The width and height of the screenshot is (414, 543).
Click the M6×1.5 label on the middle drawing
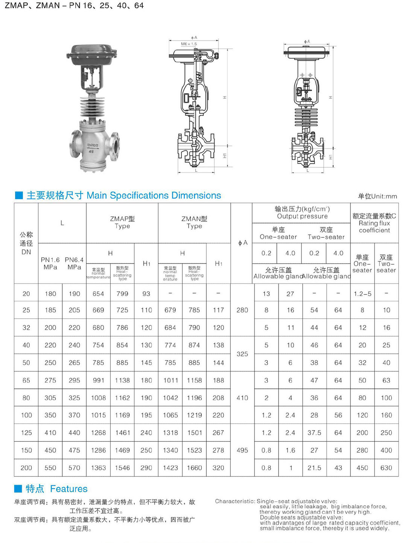point(189,44)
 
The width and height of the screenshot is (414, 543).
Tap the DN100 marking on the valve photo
point(93,145)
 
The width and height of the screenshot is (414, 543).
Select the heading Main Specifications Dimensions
point(154,196)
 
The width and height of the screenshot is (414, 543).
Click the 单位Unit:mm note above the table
point(377,196)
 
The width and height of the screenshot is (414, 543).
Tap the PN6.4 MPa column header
point(74,263)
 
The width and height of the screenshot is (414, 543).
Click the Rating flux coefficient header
point(374,223)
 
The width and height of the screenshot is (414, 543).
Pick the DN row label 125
point(26,433)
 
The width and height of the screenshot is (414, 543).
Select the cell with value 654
point(98,294)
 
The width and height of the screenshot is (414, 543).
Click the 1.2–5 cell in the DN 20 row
point(362,294)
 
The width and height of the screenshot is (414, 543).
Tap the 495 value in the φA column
point(242,450)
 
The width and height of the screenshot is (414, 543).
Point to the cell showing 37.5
point(314,433)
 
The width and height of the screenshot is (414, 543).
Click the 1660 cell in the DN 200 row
point(194,468)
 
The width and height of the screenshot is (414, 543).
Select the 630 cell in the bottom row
point(386,468)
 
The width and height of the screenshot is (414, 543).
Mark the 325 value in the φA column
point(242,354)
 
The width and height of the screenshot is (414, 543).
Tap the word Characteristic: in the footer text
point(235,501)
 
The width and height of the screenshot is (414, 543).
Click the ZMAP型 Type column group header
point(122,222)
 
